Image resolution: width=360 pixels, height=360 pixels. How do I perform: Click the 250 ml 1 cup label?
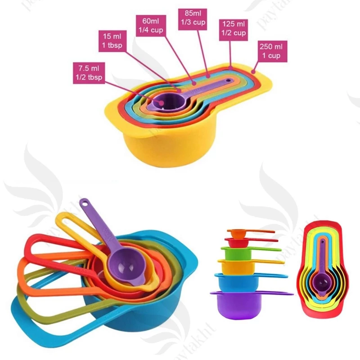pos(271,50)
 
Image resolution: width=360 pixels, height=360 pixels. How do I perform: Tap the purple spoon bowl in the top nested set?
pos(162,103)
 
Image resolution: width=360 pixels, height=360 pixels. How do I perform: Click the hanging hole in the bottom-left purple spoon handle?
pos(84,202)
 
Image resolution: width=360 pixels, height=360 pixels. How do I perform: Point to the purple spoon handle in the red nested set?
pos(322,256)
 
